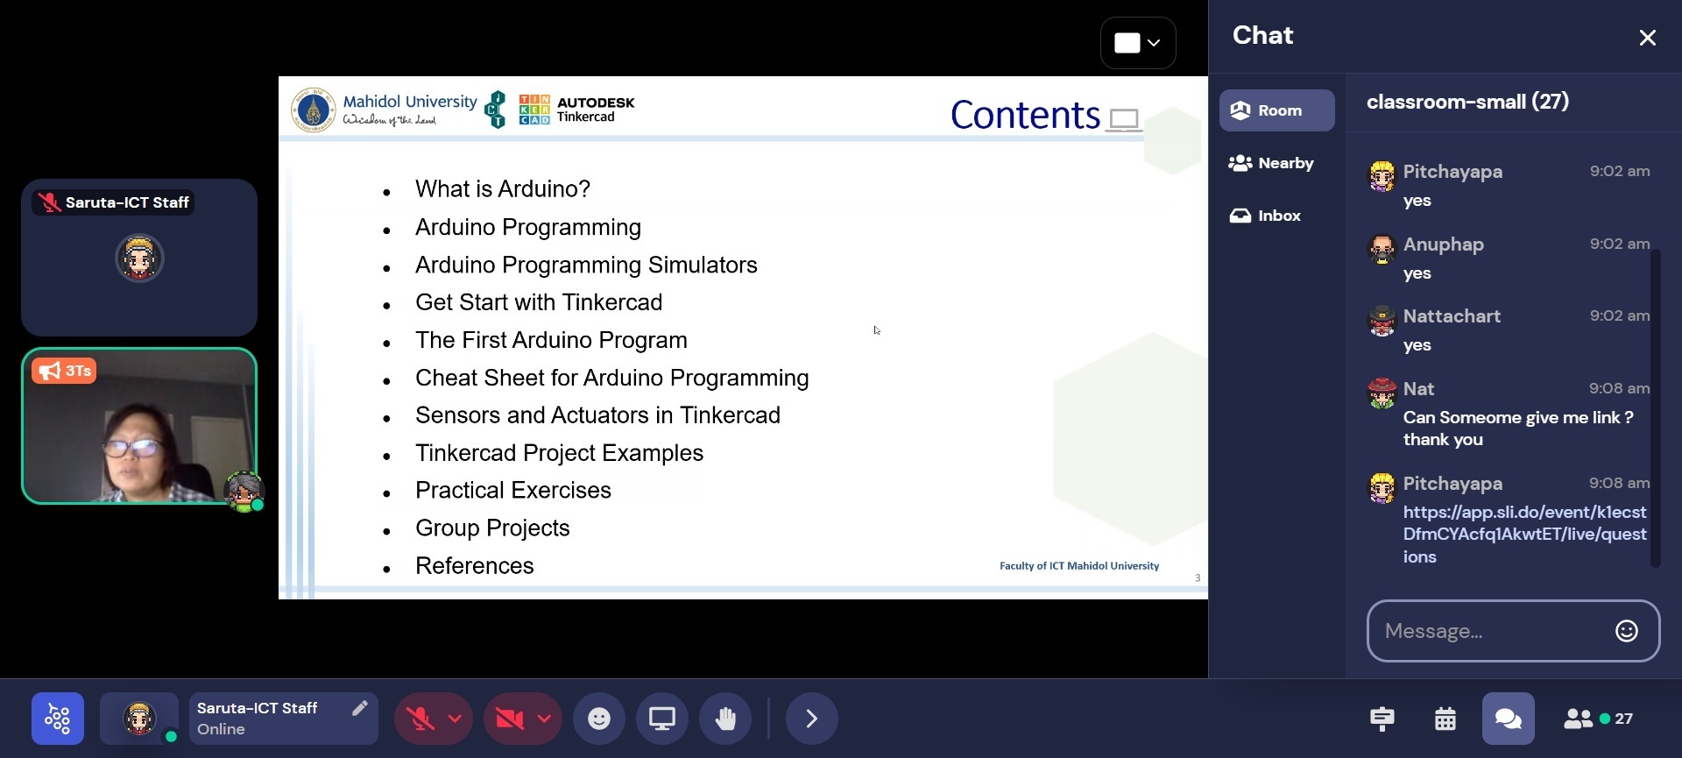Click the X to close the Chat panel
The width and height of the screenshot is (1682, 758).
point(1647,38)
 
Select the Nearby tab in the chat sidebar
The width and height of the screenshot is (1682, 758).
point(1271,163)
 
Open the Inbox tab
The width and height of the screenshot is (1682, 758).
point(1265,216)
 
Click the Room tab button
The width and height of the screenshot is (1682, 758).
point(1276,110)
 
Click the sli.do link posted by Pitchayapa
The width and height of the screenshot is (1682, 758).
point(1524,535)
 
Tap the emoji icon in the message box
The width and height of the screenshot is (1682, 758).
point(1627,631)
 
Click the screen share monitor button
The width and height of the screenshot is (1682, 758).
point(662,719)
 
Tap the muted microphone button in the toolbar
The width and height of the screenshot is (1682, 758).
point(420,719)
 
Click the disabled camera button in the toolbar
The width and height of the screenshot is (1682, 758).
point(510,719)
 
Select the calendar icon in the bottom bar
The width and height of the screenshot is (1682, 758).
point(1445,719)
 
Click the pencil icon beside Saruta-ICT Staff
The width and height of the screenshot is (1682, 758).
point(359,708)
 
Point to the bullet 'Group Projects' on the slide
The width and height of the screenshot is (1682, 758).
point(492,528)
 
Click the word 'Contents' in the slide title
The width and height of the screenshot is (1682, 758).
point(1025,115)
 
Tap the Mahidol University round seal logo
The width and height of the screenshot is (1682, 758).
point(313,110)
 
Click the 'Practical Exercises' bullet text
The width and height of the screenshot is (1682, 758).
point(513,491)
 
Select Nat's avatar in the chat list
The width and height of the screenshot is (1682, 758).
point(1382,393)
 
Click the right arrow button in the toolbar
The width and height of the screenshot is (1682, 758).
point(812,719)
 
